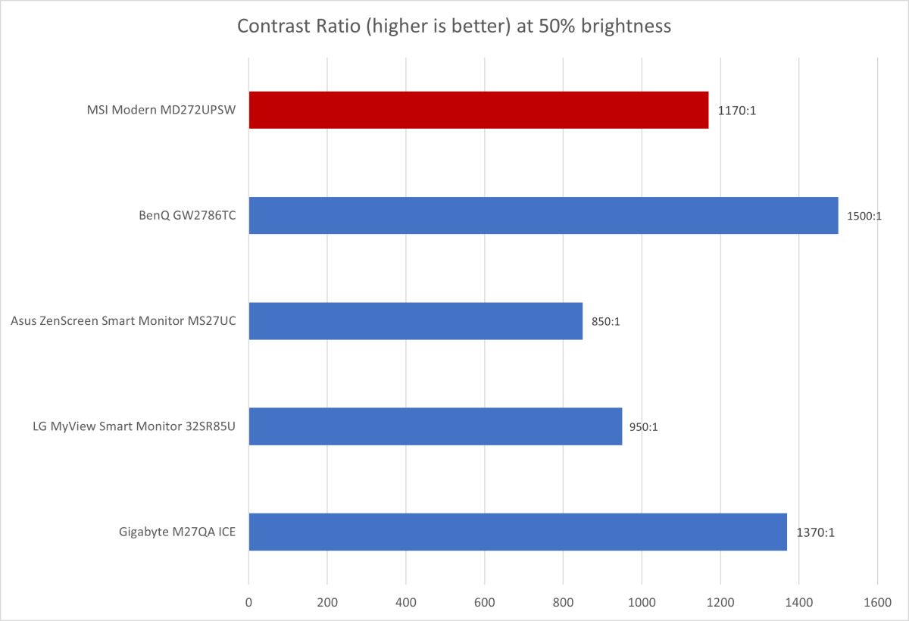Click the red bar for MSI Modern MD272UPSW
click(478, 110)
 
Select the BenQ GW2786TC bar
click(543, 215)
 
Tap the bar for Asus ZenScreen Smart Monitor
click(415, 321)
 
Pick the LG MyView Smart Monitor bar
click(435, 426)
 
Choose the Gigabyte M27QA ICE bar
click(517, 532)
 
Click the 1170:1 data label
click(737, 111)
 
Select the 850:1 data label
click(606, 322)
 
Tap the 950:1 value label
click(645, 427)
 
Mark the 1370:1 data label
click(815, 532)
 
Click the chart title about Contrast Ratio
click(454, 27)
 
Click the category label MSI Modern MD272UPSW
click(161, 111)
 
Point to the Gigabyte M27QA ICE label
click(178, 532)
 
